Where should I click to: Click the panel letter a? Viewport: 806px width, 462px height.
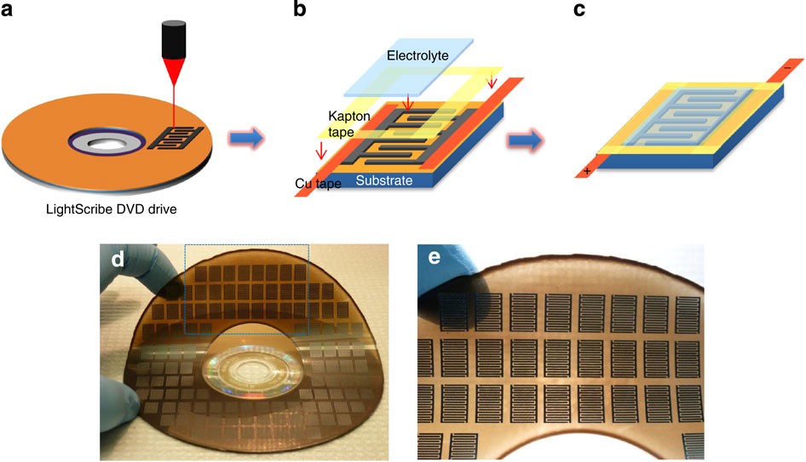pos(7,9)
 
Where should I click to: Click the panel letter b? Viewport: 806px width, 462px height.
pos(300,9)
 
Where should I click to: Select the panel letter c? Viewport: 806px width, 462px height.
pos(579,9)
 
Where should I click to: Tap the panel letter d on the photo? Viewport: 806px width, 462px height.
pos(118,260)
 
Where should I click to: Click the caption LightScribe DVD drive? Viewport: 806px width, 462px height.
pos(112,209)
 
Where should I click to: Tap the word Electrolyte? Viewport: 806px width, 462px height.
pos(417,55)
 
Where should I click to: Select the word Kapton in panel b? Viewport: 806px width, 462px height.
pos(349,116)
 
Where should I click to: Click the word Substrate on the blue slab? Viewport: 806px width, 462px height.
pos(384,180)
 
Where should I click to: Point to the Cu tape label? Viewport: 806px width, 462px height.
pos(318,184)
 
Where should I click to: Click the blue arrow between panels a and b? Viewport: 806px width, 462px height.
pos(246,138)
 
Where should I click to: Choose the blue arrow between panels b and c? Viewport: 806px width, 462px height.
pos(526,140)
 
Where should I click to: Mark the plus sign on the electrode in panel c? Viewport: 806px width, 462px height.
pos(587,172)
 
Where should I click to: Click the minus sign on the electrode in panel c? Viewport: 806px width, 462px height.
pos(787,68)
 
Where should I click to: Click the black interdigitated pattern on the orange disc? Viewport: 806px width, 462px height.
pos(176,137)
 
